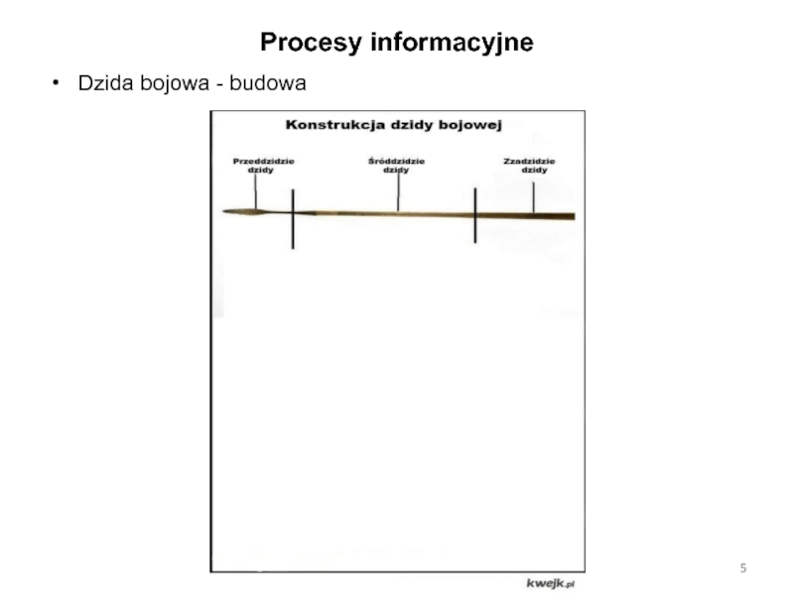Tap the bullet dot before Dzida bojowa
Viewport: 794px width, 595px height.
tap(57, 85)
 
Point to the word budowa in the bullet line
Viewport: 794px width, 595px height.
tap(268, 85)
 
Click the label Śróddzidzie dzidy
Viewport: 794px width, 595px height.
tap(395, 165)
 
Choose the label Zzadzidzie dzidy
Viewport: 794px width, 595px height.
tap(531, 165)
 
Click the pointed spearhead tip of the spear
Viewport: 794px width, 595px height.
tap(226, 211)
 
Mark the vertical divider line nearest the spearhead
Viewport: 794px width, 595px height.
tap(292, 218)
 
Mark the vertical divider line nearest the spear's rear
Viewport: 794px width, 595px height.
tap(475, 214)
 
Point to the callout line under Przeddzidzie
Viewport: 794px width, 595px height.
tap(255, 191)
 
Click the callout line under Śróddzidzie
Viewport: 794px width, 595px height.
tap(398, 193)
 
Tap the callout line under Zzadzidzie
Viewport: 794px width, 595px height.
tap(534, 195)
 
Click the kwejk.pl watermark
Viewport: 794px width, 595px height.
tap(551, 582)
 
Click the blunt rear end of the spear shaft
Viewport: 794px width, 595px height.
tap(572, 216)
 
